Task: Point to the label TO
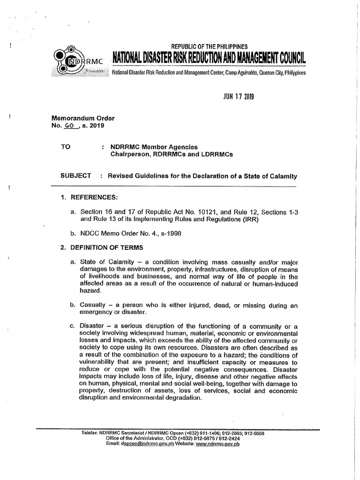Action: pyautogui.click(x=66, y=147)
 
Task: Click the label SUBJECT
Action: pyautogui.click(x=76, y=175)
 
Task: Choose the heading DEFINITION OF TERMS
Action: pyautogui.click(x=107, y=247)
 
